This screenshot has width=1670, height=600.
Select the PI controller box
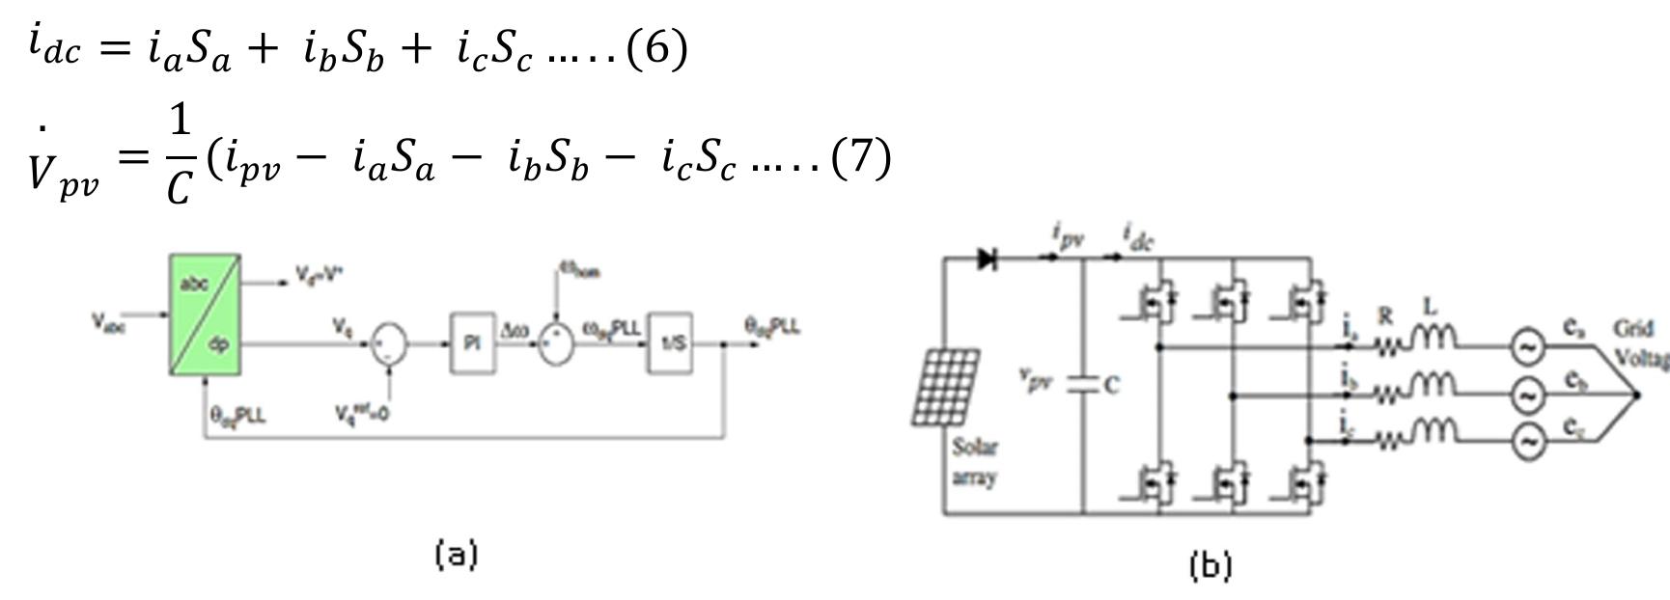click(x=473, y=342)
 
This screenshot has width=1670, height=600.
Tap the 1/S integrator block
click(x=671, y=342)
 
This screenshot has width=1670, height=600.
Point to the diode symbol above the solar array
click(x=987, y=259)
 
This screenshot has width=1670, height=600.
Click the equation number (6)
click(x=656, y=48)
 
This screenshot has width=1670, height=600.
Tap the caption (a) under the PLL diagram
click(x=457, y=555)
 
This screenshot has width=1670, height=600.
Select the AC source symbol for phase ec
click(x=1527, y=442)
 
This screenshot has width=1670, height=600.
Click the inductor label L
click(x=1430, y=307)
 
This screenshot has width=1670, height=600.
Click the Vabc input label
click(x=108, y=323)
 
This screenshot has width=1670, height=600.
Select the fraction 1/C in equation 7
click(x=180, y=156)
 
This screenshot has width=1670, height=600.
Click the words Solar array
click(x=975, y=462)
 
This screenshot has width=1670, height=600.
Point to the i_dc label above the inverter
click(x=1139, y=235)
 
